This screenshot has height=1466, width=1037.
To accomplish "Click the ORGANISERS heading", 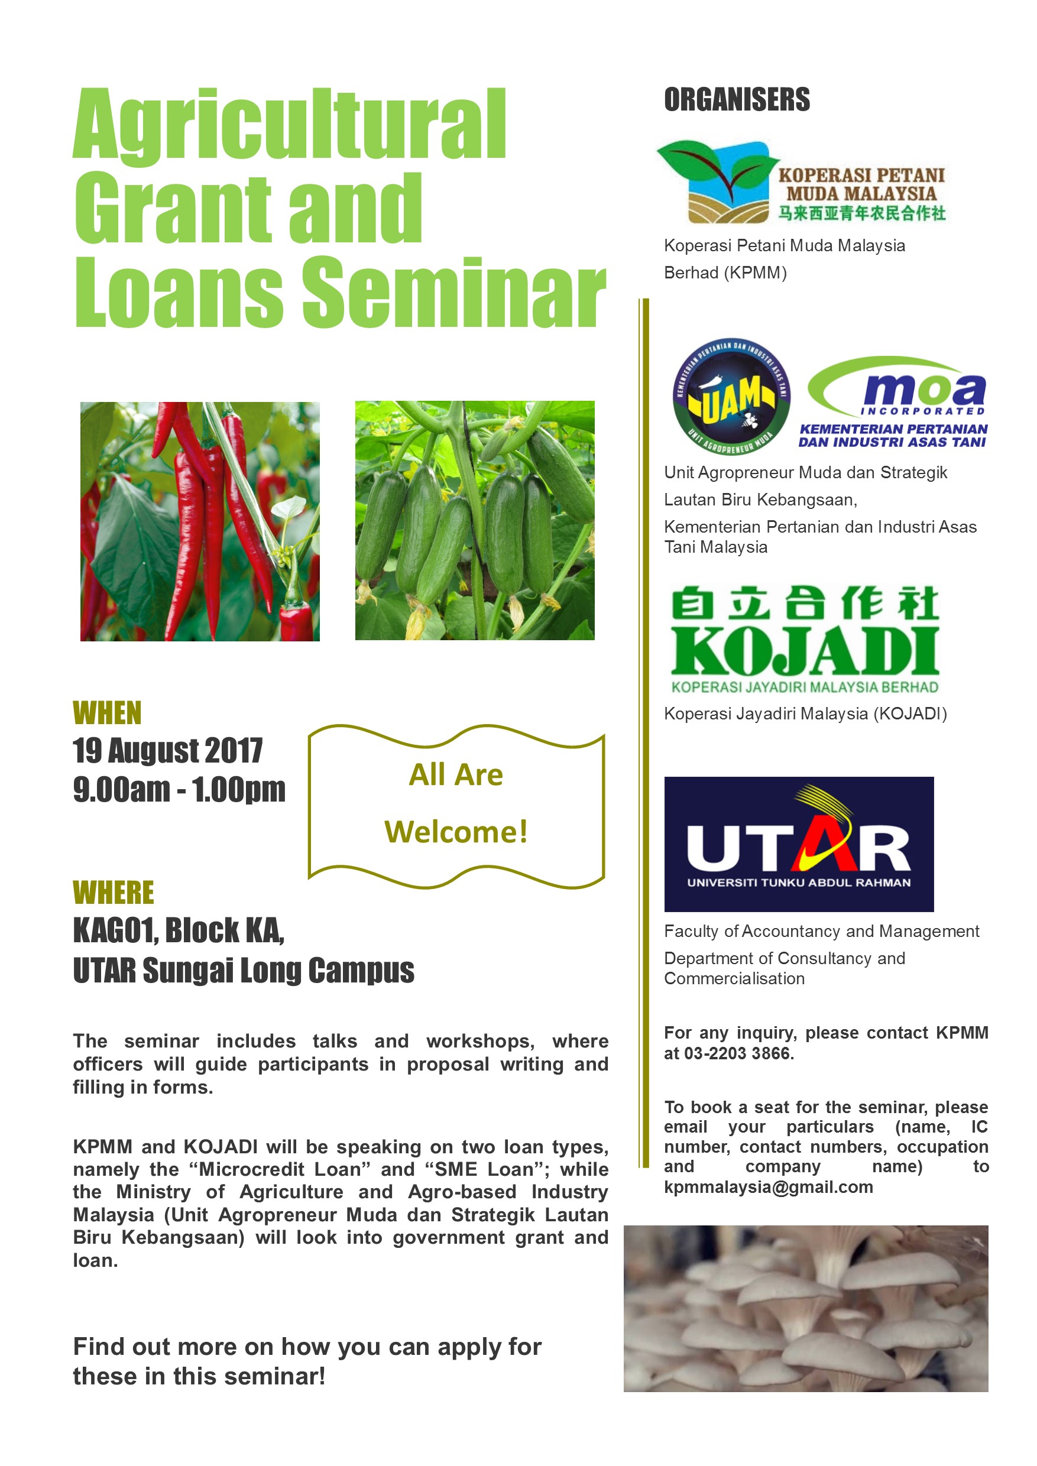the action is [737, 100].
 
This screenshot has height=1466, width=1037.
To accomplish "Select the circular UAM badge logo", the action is [732, 397].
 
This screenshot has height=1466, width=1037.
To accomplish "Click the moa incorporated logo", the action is [893, 401].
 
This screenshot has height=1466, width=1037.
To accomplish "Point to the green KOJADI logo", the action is [805, 639].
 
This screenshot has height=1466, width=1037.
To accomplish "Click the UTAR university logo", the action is [799, 844].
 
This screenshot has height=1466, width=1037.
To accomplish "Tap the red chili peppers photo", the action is [200, 521].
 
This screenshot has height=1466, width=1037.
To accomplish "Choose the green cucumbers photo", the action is [474, 520].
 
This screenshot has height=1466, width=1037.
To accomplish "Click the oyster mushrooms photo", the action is [806, 1308].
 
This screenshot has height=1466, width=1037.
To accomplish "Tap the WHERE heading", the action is [114, 892].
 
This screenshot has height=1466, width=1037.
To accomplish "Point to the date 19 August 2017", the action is [167, 750].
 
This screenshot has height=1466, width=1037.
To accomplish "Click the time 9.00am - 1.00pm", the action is [179, 789].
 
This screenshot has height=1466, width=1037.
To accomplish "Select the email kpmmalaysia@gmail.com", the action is [769, 1187].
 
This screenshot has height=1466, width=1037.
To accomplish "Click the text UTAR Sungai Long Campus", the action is [243, 971].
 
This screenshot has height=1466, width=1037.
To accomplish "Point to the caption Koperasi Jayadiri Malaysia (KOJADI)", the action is [805, 714].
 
